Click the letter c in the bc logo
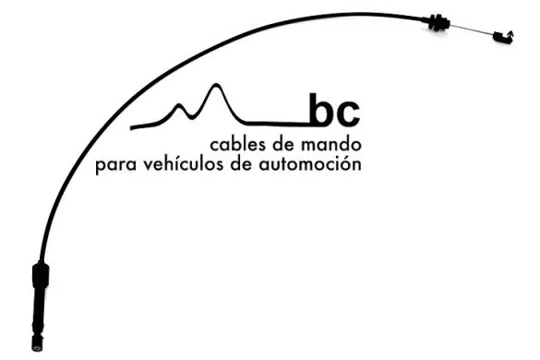tap(348, 114)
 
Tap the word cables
tap(238, 146)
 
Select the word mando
tap(331, 146)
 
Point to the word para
tap(114, 167)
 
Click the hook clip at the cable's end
tap(501, 37)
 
